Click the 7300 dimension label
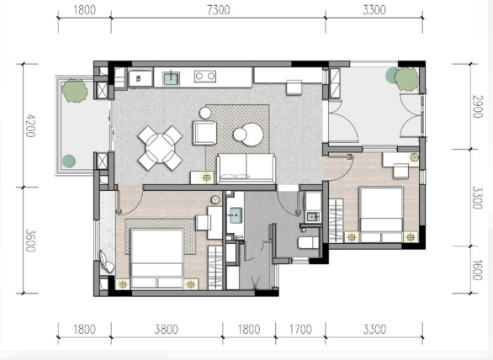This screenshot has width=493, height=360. click(219, 10)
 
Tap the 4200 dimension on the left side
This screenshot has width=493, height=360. click(30, 126)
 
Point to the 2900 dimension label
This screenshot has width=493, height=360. click(478, 107)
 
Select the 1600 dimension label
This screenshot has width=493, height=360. click(478, 270)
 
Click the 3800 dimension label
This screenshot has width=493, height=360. click(167, 329)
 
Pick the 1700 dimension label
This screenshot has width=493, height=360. click(300, 329)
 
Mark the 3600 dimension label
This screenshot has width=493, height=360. click(30, 241)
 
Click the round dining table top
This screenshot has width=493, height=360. click(160, 148)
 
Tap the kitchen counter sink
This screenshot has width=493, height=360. click(172, 78)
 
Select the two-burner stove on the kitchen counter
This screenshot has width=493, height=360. click(205, 77)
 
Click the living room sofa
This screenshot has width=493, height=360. click(246, 168)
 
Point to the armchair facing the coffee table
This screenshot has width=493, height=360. click(204, 133)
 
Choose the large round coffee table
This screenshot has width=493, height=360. click(252, 135)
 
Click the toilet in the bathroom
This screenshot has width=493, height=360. click(309, 243)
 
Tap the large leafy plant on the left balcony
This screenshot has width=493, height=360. click(75, 91)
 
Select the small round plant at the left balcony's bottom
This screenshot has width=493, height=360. click(69, 161)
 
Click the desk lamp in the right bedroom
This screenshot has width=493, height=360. click(415, 156)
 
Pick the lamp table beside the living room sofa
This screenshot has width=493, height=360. click(203, 177)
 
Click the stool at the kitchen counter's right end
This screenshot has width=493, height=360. click(294, 87)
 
